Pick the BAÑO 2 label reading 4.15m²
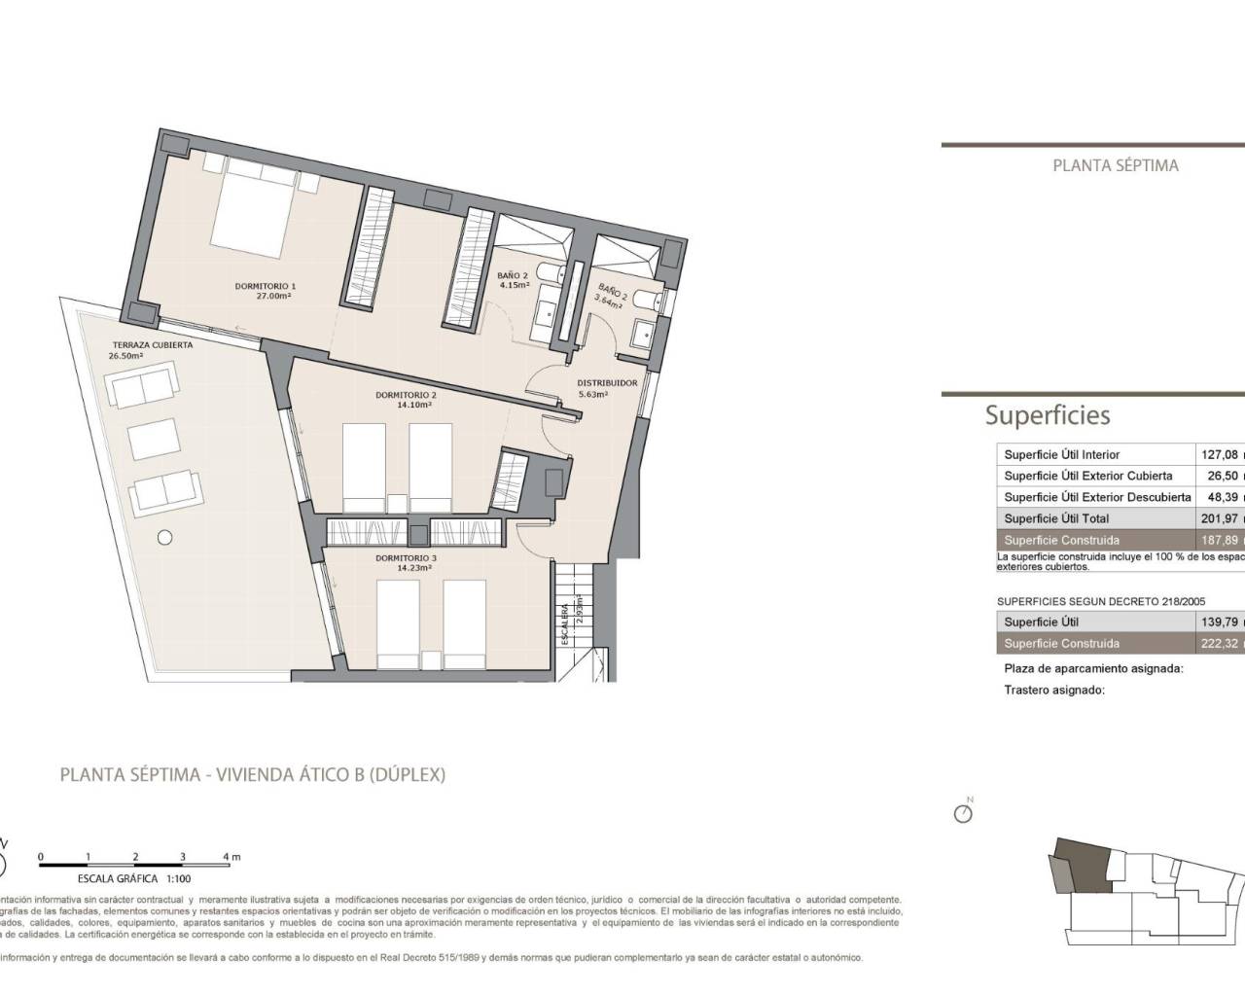(x=514, y=280)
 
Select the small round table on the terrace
(x=165, y=536)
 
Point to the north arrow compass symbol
(x=964, y=812)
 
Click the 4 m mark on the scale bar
(x=231, y=857)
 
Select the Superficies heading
(x=1047, y=415)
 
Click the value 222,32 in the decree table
(x=1220, y=643)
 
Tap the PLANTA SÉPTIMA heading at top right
(x=1115, y=165)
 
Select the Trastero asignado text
(x=1053, y=690)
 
